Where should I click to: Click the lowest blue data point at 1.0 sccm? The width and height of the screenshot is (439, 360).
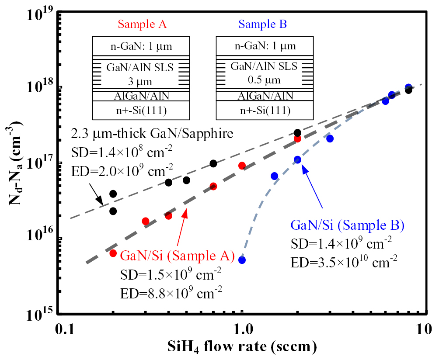242,260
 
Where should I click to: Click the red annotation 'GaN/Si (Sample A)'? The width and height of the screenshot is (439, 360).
178,255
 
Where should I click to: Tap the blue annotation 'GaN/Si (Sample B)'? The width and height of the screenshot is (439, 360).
348,225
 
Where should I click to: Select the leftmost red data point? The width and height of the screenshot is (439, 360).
113,253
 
